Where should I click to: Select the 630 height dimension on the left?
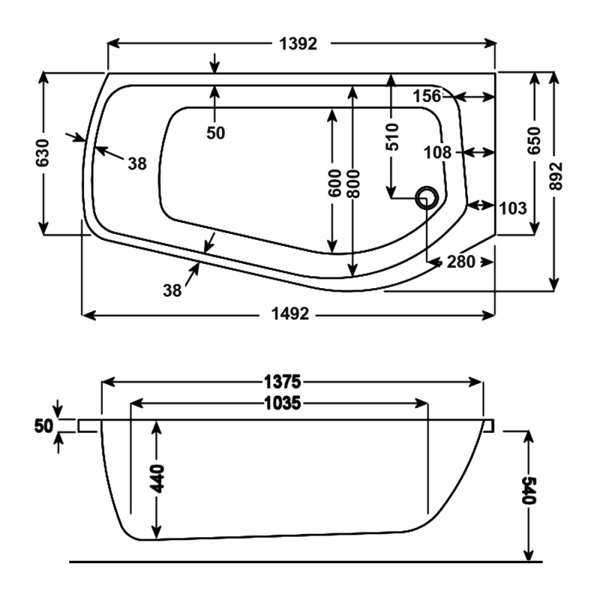43,153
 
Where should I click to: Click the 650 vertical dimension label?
534,140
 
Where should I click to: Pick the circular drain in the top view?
429,197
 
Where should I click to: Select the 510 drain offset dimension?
392,137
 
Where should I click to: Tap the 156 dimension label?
427,96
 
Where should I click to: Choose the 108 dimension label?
437,152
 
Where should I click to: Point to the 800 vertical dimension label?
354,183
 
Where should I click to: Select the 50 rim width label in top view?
215,133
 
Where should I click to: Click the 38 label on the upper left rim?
136,163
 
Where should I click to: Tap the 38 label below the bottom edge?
172,291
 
